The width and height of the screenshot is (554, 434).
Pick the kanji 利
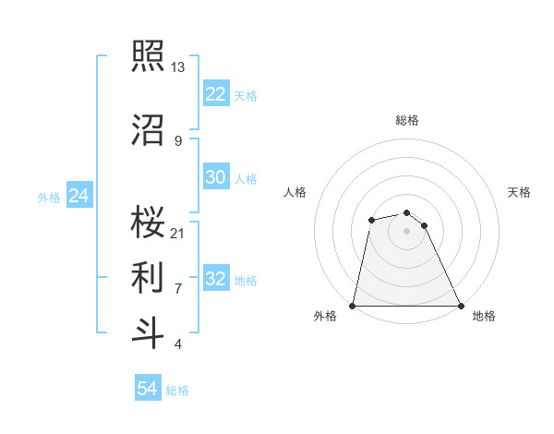pyautogui.click(x=149, y=275)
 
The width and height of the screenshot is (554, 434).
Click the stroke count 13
pyautogui.click(x=178, y=67)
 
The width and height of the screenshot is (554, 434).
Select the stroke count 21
pyautogui.click(x=178, y=232)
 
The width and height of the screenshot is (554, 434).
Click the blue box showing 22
pyautogui.click(x=215, y=94)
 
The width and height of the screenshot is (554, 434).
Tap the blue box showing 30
pyautogui.click(x=215, y=177)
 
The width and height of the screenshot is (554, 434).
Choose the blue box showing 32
pyautogui.click(x=215, y=279)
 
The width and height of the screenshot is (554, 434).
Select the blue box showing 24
pyautogui.click(x=78, y=196)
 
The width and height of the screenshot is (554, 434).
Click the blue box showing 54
pyautogui.click(x=147, y=389)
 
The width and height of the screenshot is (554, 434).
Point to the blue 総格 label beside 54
pyautogui.click(x=177, y=391)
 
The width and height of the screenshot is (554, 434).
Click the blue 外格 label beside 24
pyautogui.click(x=49, y=198)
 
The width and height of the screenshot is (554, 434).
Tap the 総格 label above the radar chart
pyautogui.click(x=406, y=120)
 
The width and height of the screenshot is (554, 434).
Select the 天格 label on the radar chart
pyautogui.click(x=520, y=192)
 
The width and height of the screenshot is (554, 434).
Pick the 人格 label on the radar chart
pyautogui.click(x=295, y=192)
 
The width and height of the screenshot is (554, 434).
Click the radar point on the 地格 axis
pyautogui.click(x=460, y=305)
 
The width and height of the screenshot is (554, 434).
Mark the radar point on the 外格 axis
pyautogui.click(x=353, y=305)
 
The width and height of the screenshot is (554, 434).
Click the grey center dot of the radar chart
pyautogui.click(x=406, y=231)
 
